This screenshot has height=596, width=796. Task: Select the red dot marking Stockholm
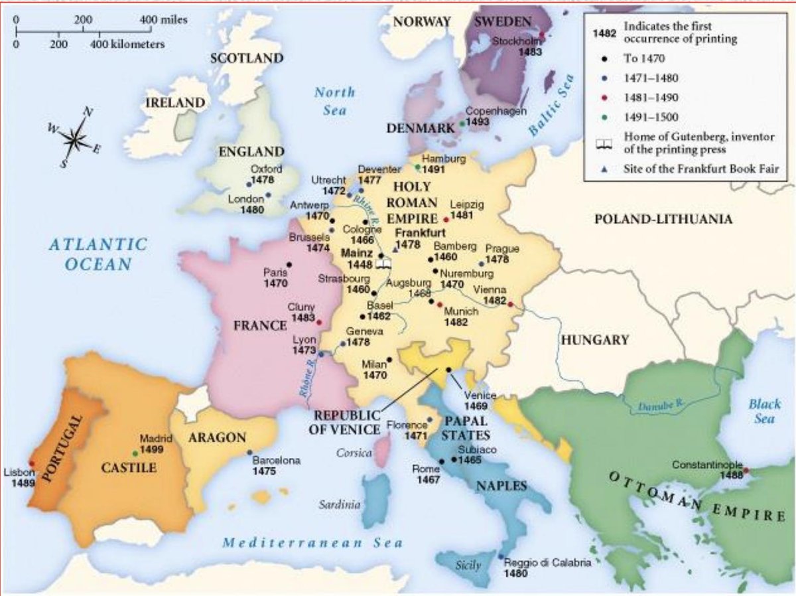tap(542, 36)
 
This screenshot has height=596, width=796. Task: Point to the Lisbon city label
tap(18, 473)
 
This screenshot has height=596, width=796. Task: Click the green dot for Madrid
tap(135, 453)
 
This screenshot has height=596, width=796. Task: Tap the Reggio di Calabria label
tap(547, 563)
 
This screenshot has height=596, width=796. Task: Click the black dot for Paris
tap(289, 265)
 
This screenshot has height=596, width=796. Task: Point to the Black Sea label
tap(765, 411)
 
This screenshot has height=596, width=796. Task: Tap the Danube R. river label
tap(659, 405)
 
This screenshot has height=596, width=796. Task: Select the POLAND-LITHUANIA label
tap(663, 219)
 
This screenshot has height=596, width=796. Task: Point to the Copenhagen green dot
tap(462, 123)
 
